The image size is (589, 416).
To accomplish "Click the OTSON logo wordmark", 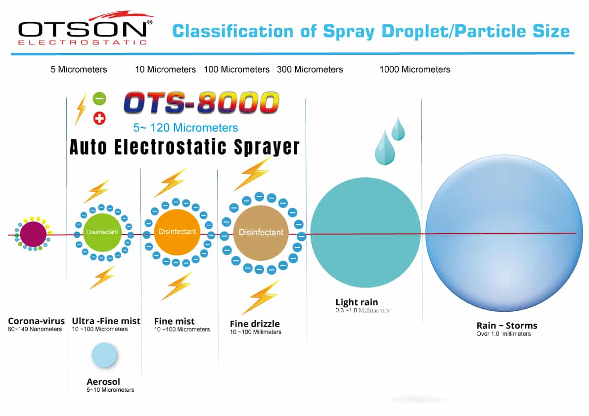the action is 82,29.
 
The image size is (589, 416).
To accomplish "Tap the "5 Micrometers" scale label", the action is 79,69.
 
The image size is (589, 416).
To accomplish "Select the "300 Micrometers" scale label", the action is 310,69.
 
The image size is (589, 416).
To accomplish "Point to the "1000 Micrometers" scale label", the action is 415,69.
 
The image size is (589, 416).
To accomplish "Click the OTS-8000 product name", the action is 201,102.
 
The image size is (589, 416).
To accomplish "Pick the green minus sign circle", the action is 99,99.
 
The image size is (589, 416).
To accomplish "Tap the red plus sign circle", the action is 99,119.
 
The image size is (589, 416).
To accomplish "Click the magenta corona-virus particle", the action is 33,234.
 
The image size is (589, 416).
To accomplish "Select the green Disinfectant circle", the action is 102,233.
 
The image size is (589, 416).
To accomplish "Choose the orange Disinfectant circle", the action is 178,232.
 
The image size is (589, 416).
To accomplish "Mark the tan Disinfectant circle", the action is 261,233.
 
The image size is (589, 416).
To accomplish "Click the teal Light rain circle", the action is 365,233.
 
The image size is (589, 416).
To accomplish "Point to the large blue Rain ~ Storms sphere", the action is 504,233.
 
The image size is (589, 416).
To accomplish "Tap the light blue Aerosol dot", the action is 104,354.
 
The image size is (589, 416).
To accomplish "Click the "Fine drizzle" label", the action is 255,324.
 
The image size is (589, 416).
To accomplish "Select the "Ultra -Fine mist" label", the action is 106,321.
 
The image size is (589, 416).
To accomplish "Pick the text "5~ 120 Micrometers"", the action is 185,128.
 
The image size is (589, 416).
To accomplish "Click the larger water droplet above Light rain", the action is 385,148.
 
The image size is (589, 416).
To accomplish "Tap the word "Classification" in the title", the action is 233,31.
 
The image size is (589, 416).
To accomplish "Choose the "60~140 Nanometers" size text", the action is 35,330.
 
